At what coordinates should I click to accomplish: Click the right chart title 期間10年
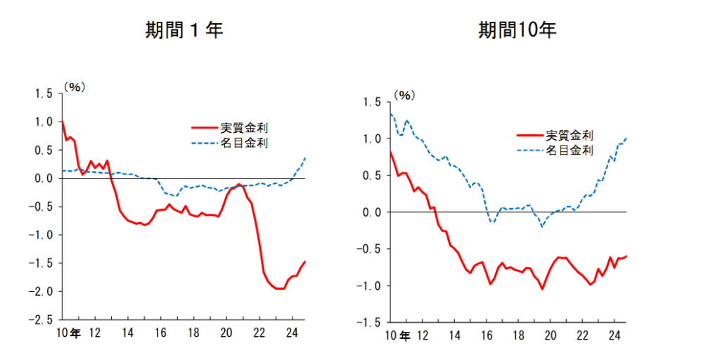[518, 30]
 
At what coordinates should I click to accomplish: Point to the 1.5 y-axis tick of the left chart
[42, 93]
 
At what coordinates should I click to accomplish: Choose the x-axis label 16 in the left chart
[160, 331]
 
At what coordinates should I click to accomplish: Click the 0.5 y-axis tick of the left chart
[42, 150]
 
